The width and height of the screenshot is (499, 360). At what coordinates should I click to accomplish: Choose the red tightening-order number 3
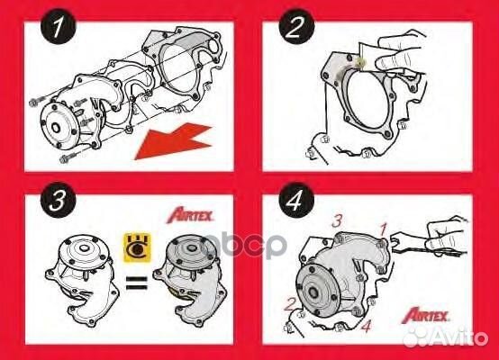pyautogui.click(x=336, y=220)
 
